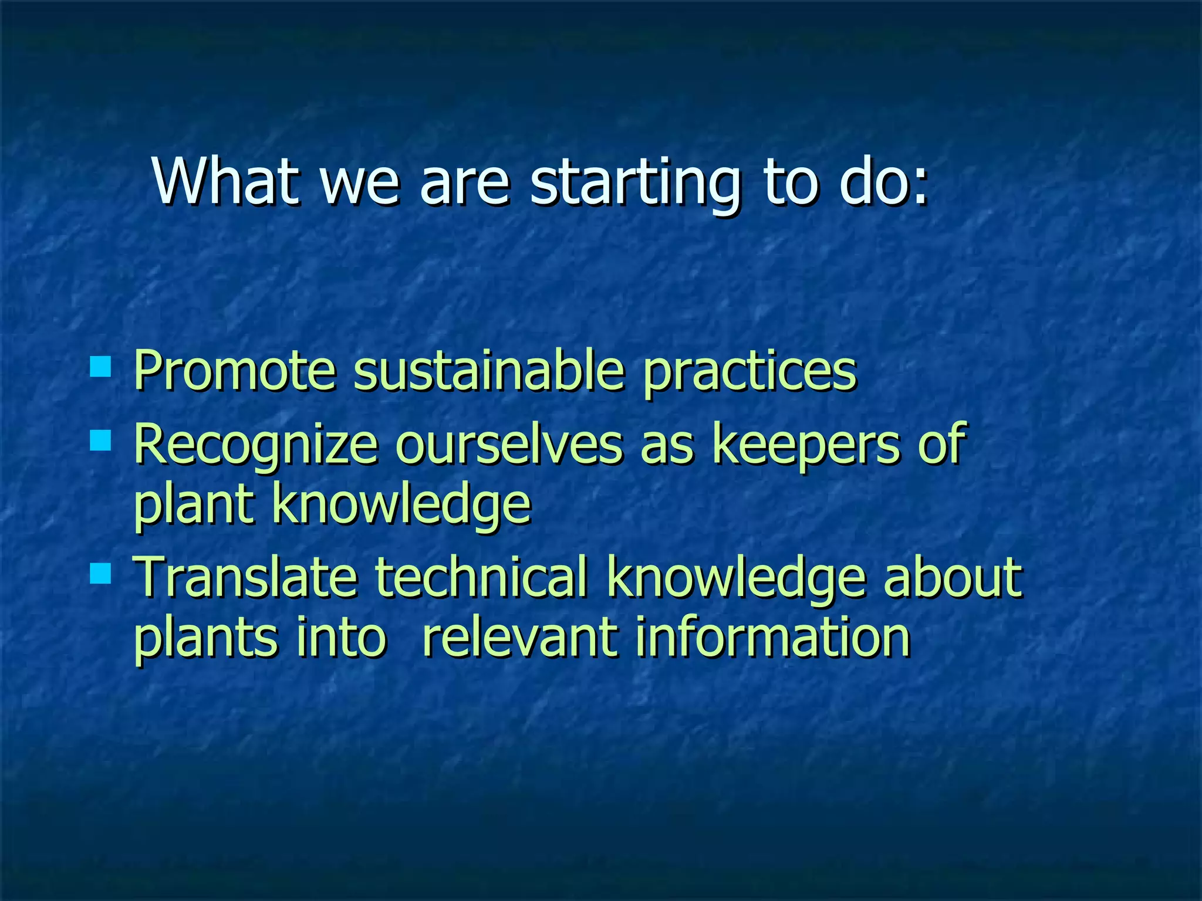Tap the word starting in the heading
pyautogui.click(x=634, y=183)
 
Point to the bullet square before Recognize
pyautogui.click(x=101, y=440)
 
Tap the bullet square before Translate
pyautogui.click(x=101, y=573)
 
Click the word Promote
pyautogui.click(x=235, y=371)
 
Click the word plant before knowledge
pyautogui.click(x=194, y=506)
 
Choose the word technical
pyautogui.click(x=481, y=578)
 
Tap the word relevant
pyautogui.click(x=519, y=638)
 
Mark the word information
pyautogui.click(x=772, y=638)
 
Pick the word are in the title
pyautogui.click(x=464, y=183)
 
